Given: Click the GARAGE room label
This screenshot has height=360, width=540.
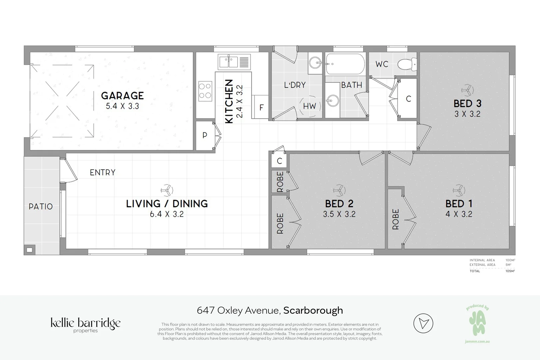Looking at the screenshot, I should click(x=122, y=96).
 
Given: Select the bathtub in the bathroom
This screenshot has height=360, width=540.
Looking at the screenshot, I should click(x=345, y=64).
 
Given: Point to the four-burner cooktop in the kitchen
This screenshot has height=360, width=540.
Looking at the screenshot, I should click(x=205, y=91).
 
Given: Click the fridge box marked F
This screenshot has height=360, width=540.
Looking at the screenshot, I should click(x=262, y=107).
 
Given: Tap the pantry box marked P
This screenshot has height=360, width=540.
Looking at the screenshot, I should click(x=205, y=135).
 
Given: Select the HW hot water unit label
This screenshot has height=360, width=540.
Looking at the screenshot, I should click(x=309, y=106).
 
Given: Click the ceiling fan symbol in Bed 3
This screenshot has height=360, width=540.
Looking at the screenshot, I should click(x=467, y=90).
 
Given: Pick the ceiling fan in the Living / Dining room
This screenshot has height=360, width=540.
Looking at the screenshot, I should click(x=167, y=191).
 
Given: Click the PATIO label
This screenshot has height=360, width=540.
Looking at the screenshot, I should click(x=41, y=207).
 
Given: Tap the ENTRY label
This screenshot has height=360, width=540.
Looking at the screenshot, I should click(x=103, y=173).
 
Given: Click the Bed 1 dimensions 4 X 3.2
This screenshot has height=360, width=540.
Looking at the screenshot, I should click(x=459, y=214).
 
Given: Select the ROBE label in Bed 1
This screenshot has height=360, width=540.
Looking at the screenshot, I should click(x=395, y=219).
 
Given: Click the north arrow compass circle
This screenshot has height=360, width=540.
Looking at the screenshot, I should click(x=423, y=323).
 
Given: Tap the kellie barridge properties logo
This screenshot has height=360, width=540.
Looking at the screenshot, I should click(x=86, y=325).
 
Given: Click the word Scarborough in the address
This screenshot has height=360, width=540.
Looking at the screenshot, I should click(x=313, y=310).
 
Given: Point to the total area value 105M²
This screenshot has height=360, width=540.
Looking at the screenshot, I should click(x=510, y=271).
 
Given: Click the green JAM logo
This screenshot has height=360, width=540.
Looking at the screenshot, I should click(x=477, y=322).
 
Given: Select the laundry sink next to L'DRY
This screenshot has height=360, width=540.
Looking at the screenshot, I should click(x=315, y=62).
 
